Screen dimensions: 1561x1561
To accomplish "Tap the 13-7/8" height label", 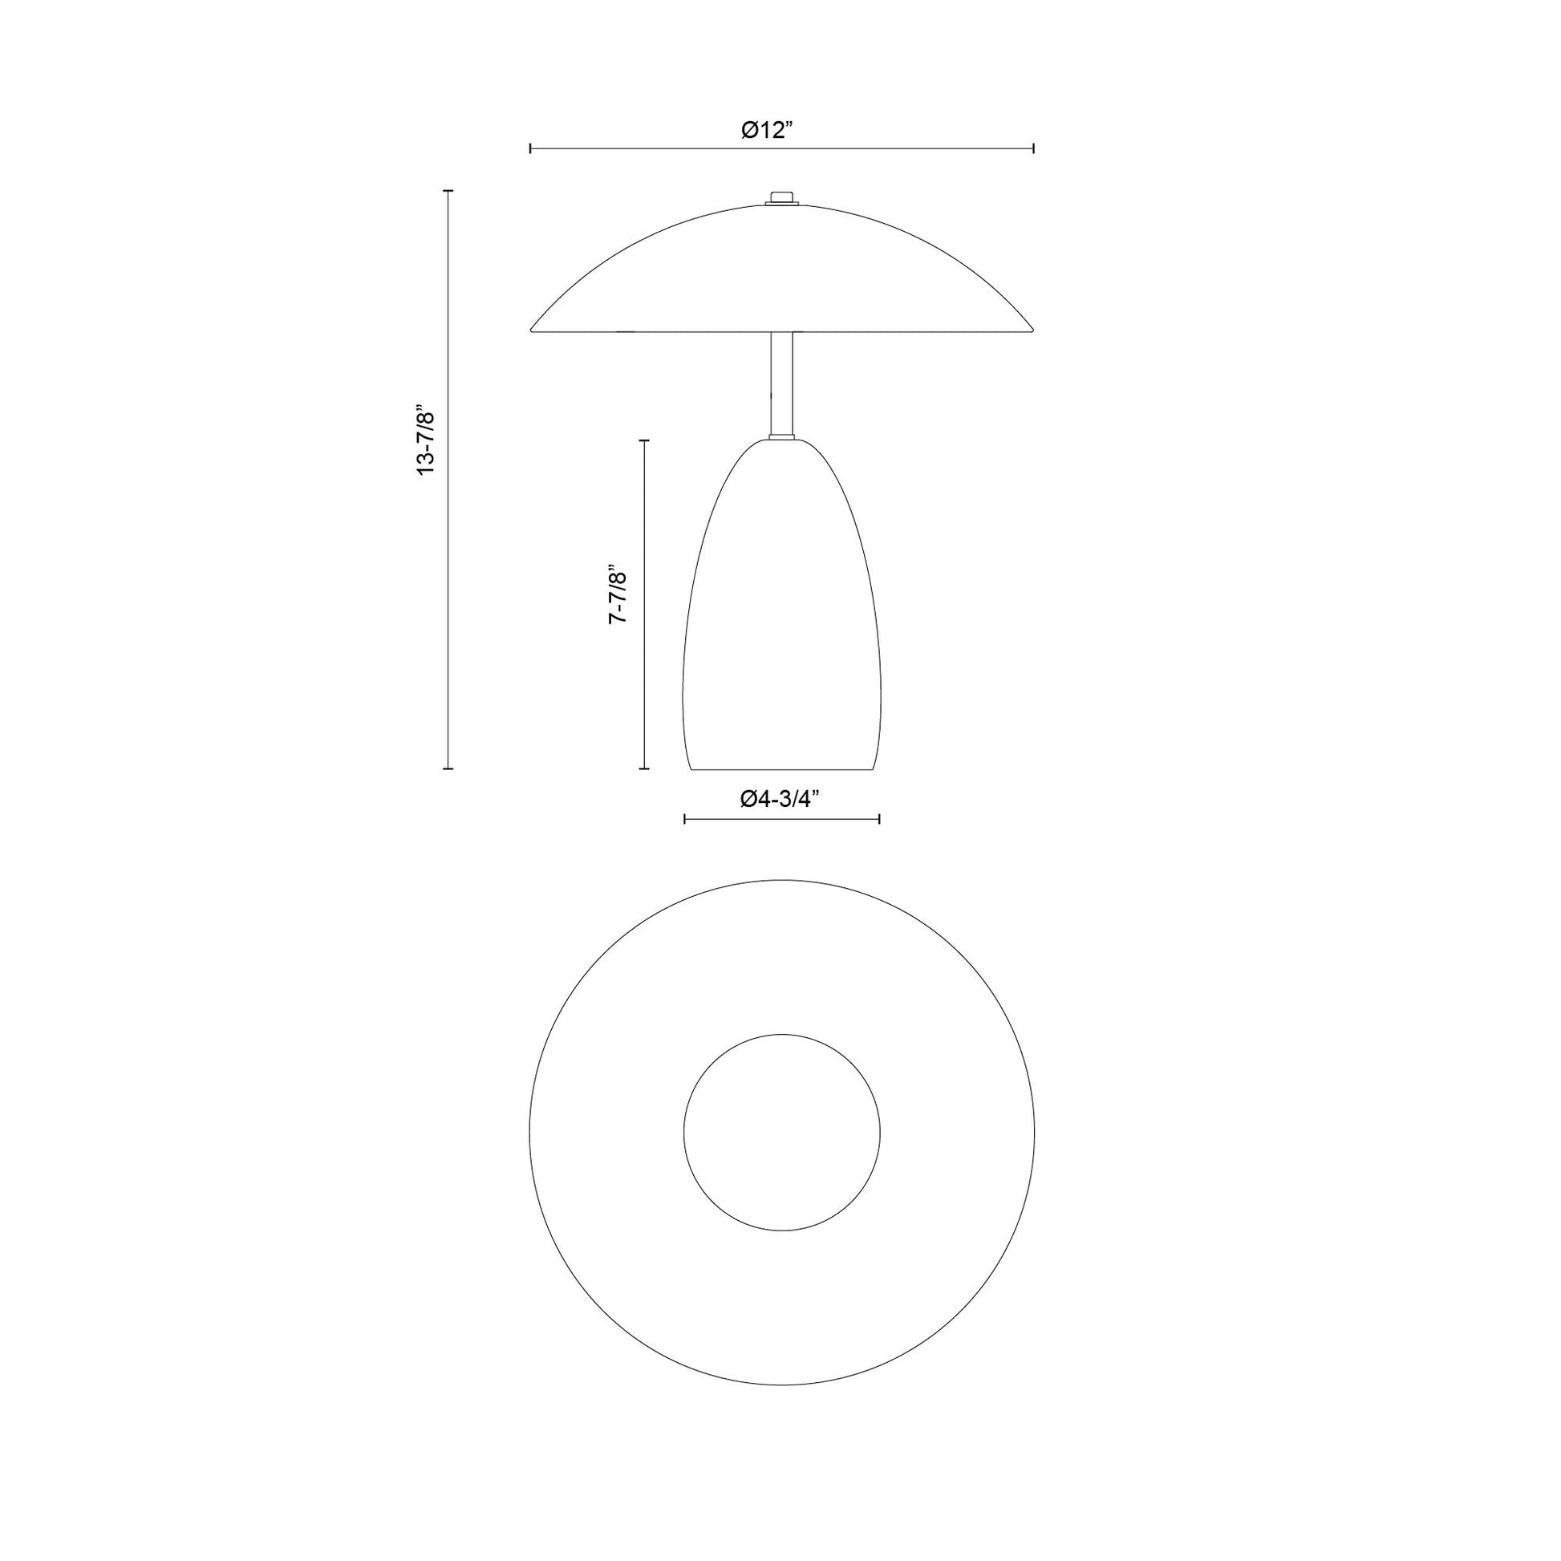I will [x=426, y=440].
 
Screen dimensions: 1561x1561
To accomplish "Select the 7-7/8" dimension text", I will [x=618, y=593].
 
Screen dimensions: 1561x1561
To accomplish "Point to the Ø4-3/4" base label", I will [x=780, y=799].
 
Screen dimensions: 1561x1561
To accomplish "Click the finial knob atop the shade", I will [x=781, y=197].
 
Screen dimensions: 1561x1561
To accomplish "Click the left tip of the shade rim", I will [x=532, y=330].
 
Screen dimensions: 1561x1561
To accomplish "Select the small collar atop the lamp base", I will [x=781, y=437].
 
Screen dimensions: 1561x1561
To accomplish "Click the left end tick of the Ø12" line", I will [x=530, y=148].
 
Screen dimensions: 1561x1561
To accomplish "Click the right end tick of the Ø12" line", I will [x=1034, y=148].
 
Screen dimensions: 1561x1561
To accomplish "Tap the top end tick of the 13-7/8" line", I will [x=448, y=192].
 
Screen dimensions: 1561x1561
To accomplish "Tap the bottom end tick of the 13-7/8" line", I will [x=448, y=768].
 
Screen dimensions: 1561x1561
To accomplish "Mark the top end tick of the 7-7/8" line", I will [x=644, y=440].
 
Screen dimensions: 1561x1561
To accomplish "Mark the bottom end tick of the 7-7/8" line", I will [x=644, y=768].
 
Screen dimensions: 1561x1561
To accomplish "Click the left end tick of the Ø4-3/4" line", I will [x=684, y=819].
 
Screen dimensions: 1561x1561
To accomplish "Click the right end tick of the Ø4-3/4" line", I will [x=879, y=819].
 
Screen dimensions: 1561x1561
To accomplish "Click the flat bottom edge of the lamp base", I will [x=781, y=769].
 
